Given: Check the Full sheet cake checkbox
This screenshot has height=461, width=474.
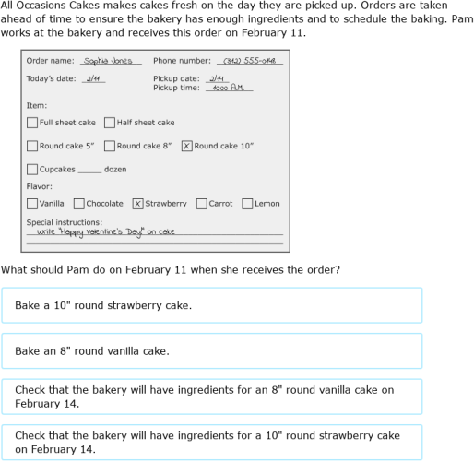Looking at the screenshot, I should pyautogui.click(x=32, y=123).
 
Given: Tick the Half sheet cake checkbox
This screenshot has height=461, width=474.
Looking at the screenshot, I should pyautogui.click(x=110, y=123).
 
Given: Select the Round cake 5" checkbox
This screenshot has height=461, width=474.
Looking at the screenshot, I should pyautogui.click(x=32, y=146).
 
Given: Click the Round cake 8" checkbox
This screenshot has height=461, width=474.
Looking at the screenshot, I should pyautogui.click(x=110, y=146).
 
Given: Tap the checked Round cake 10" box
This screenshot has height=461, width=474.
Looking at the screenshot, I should pyautogui.click(x=187, y=146).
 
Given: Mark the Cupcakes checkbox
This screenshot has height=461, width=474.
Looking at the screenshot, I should pyautogui.click(x=32, y=170).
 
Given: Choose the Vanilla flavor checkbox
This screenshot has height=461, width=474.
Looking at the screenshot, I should pyautogui.click(x=32, y=204).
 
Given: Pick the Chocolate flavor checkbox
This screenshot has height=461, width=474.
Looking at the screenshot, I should pyautogui.click(x=79, y=204).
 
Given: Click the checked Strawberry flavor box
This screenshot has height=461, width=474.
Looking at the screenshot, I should pyautogui.click(x=137, y=204).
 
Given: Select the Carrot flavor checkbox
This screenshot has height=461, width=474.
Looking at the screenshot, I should pyautogui.click(x=202, y=204).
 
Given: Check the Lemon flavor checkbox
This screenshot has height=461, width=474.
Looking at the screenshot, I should pyautogui.click(x=247, y=204).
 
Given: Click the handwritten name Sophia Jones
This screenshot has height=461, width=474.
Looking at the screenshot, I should pyautogui.click(x=108, y=61).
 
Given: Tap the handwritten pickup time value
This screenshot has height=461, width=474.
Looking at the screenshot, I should pyautogui.click(x=226, y=89).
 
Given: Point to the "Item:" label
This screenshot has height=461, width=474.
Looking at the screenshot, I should pyautogui.click(x=36, y=106).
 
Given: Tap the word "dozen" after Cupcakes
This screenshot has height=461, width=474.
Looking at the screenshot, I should pyautogui.click(x=115, y=170).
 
